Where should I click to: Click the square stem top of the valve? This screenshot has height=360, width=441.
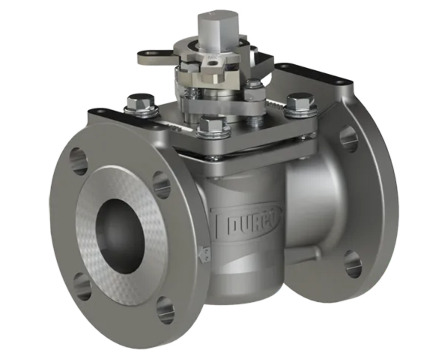(x=218, y=26)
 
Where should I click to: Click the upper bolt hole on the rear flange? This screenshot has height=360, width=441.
(x=348, y=138)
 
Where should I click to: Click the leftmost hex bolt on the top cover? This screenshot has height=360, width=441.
(x=141, y=103)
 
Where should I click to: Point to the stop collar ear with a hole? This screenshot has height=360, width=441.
(x=151, y=55)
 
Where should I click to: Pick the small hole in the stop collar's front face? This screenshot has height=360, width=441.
(x=212, y=63)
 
